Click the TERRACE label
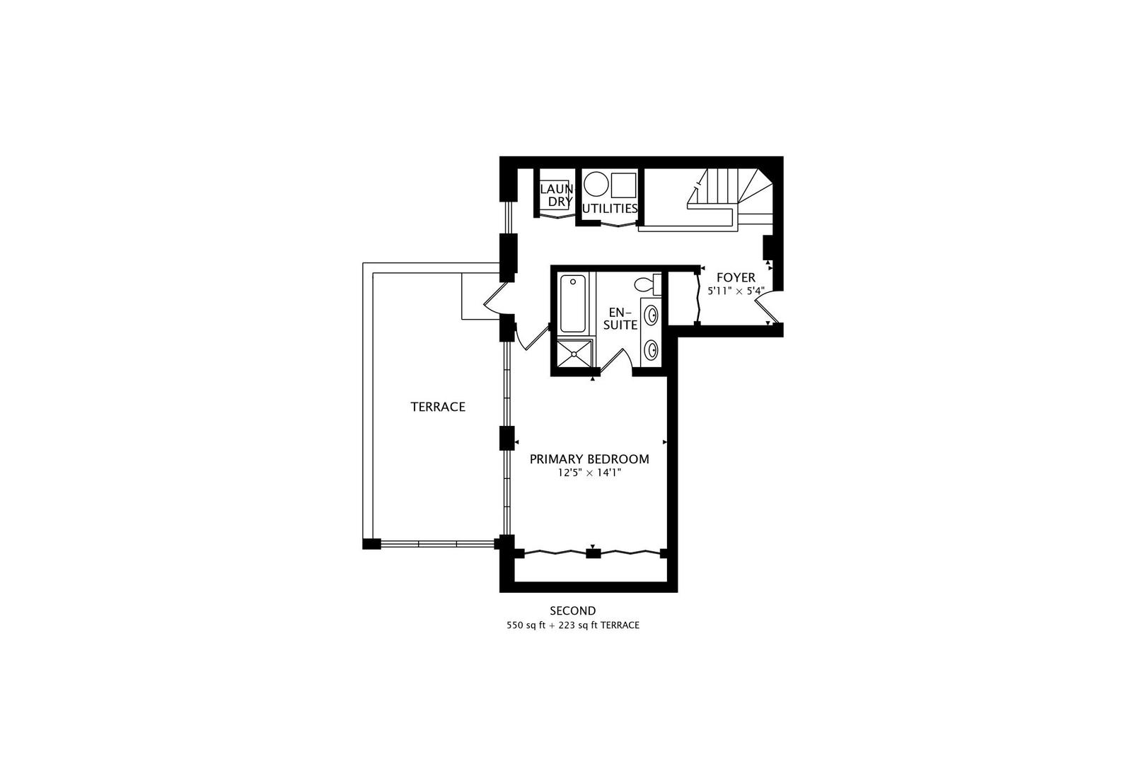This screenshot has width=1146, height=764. (x=438, y=407)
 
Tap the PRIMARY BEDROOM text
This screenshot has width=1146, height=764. (x=589, y=459)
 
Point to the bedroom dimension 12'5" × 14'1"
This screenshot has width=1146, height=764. (x=589, y=473)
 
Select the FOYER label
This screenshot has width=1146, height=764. (x=736, y=278)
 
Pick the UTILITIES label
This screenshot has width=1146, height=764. (x=610, y=208)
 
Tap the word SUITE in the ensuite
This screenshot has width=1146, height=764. (x=620, y=325)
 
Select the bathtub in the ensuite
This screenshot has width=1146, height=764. (x=572, y=303)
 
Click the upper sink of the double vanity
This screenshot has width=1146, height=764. (x=652, y=315)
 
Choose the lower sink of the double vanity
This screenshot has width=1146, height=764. (x=652, y=351)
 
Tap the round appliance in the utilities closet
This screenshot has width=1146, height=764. (x=596, y=184)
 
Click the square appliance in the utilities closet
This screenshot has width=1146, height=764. (x=624, y=185)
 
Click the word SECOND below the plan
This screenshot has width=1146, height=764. (x=573, y=610)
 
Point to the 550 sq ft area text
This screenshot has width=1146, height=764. (x=528, y=625)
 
